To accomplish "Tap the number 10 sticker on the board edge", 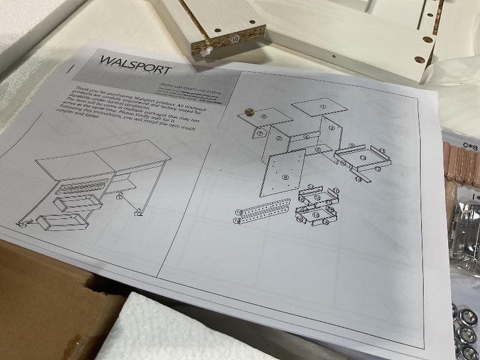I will pos(235,38).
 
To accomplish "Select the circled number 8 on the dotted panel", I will pos(285,177).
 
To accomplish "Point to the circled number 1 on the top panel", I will pos(322,107).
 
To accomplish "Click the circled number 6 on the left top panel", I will pos(265,116).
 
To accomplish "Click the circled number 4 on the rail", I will pos(306,137).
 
